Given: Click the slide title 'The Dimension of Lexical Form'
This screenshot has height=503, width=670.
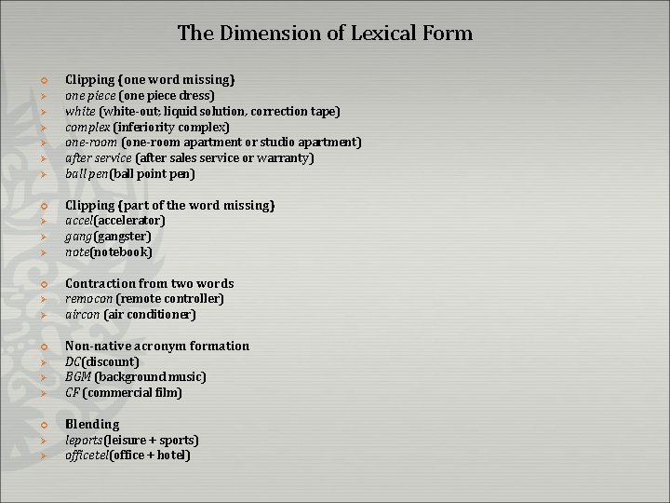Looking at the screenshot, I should pyautogui.click(x=325, y=34).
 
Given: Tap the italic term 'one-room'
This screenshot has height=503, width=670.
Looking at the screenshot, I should pyautogui.click(x=91, y=143).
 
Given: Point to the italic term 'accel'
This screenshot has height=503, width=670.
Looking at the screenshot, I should pyautogui.click(x=79, y=221).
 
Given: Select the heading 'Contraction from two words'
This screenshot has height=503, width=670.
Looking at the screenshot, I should pyautogui.click(x=149, y=283).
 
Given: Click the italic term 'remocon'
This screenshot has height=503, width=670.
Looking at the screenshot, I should pyautogui.click(x=88, y=299).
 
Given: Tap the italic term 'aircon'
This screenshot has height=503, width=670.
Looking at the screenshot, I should pyautogui.click(x=82, y=315).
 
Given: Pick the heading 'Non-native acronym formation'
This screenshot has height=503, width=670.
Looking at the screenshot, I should pyautogui.click(x=157, y=346).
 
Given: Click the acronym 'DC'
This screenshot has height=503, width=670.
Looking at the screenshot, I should pyautogui.click(x=74, y=361).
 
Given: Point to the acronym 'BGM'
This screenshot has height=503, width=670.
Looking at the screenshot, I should pyautogui.click(x=78, y=377).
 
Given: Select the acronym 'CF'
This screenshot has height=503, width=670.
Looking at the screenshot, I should pyautogui.click(x=73, y=393).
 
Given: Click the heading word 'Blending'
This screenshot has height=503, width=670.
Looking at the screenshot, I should pyautogui.click(x=92, y=424).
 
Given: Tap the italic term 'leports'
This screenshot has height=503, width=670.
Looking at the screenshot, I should pyautogui.click(x=84, y=440).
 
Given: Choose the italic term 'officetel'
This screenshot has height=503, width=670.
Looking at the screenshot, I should pyautogui.click(x=87, y=455).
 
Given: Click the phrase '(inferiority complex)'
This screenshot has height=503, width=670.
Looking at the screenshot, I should pyautogui.click(x=171, y=127).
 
